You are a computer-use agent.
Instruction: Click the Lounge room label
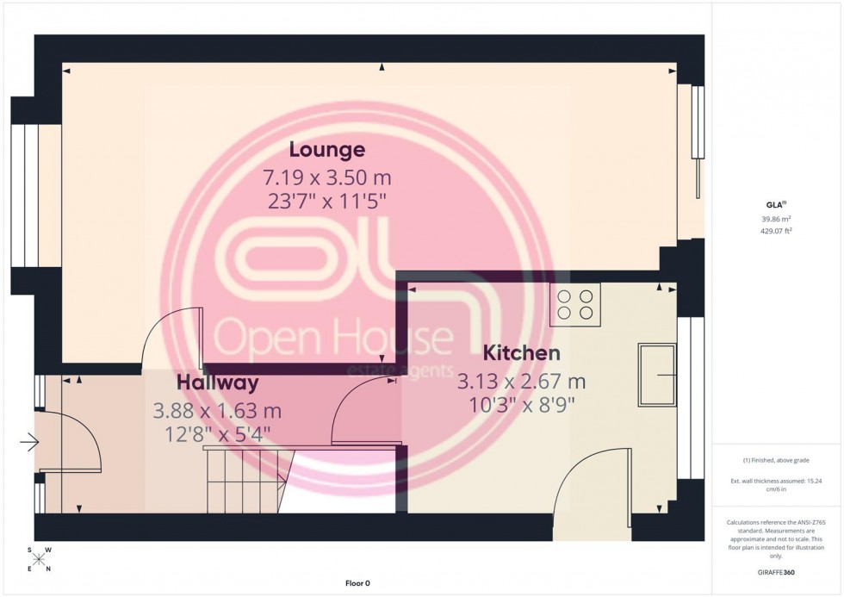pos(326,150)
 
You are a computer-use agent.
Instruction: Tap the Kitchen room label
pos(521,352)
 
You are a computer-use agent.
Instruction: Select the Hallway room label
pos(217,382)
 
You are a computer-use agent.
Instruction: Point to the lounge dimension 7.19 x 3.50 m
pos(326,178)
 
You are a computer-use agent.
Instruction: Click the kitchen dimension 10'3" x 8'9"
pos(522,402)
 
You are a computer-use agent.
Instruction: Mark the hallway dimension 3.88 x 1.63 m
pos(217,411)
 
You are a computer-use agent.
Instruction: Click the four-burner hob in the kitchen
pos(574,305)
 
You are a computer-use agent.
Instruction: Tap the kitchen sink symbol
pos(657,375)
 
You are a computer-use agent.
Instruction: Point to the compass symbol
pos(40,559)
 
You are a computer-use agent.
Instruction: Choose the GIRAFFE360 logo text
pos(777,571)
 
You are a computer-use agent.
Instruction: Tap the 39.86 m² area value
pos(777,219)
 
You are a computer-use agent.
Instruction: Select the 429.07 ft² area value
pos(777,230)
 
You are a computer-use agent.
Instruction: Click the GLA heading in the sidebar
pos(776,204)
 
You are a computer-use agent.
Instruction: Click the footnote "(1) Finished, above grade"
pos(777,460)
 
